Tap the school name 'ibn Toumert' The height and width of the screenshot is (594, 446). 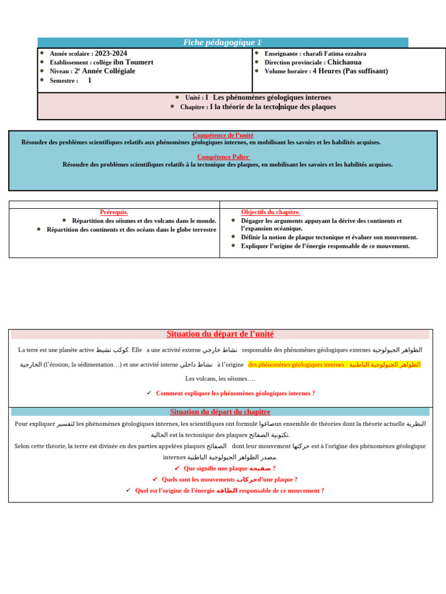point(133,62)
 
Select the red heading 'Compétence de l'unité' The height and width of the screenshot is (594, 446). point(222,135)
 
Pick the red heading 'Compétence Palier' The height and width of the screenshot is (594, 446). point(223,157)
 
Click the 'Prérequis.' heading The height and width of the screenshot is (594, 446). point(114,212)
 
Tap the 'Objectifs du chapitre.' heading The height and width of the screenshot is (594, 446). point(271,212)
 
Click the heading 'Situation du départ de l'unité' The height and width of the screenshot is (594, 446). point(220,334)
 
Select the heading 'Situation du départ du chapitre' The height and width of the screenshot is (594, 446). point(220,412)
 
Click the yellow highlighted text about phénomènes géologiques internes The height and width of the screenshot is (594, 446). point(334,364)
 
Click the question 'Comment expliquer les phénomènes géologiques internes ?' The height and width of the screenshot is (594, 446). point(235,393)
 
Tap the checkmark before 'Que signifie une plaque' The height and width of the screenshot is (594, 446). point(177,468)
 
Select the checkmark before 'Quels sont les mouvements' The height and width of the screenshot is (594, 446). point(155,479)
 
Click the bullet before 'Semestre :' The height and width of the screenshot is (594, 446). point(42,80)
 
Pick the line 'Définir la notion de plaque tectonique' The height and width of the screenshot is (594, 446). point(329,237)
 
